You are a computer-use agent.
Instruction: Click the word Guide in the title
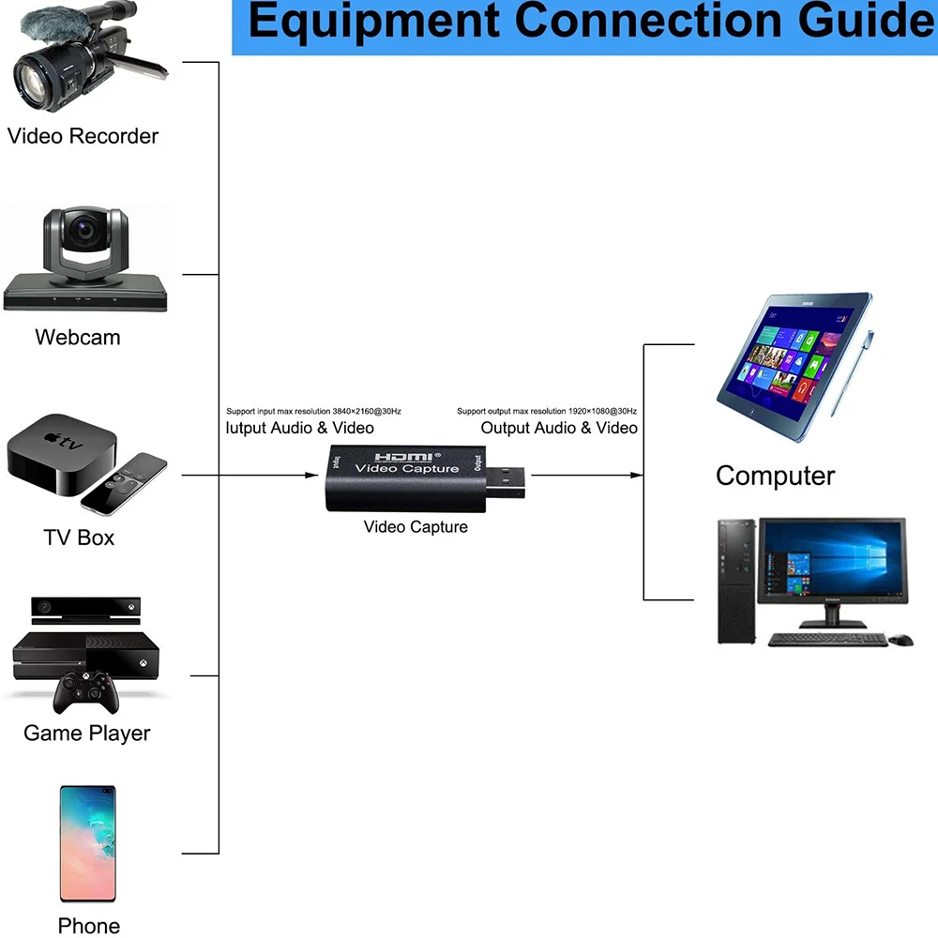(x=867, y=21)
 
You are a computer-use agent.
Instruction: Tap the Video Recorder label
(x=83, y=136)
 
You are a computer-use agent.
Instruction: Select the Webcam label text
(x=78, y=338)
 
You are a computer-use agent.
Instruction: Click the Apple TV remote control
(x=124, y=483)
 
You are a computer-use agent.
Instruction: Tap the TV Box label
(x=79, y=537)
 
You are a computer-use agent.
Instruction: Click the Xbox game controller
(x=86, y=693)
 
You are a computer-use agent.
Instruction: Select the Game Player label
(x=86, y=734)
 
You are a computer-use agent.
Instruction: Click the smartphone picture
(x=87, y=843)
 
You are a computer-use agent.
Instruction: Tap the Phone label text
(x=88, y=926)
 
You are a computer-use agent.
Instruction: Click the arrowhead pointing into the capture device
(x=311, y=475)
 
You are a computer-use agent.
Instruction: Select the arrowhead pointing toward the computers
(x=637, y=475)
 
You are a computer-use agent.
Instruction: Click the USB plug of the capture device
(x=505, y=482)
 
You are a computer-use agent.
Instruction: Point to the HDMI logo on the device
(x=403, y=458)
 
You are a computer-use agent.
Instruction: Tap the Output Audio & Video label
(x=559, y=428)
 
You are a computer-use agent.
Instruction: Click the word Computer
(x=775, y=477)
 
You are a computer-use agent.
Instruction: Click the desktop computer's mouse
(x=900, y=640)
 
